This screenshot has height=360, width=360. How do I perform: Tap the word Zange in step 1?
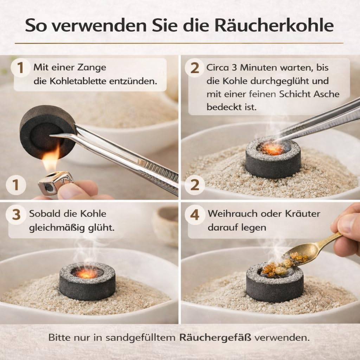[x=92, y=68]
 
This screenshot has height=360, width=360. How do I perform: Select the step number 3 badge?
[x=16, y=215]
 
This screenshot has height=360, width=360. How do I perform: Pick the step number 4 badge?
[x=195, y=215]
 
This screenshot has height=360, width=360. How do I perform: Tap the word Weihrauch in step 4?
[x=233, y=214]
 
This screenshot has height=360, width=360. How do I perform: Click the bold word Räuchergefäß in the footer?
[x=215, y=337]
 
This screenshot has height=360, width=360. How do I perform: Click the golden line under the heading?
[x=179, y=43]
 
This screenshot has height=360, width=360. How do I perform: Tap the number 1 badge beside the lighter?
[x=16, y=185]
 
